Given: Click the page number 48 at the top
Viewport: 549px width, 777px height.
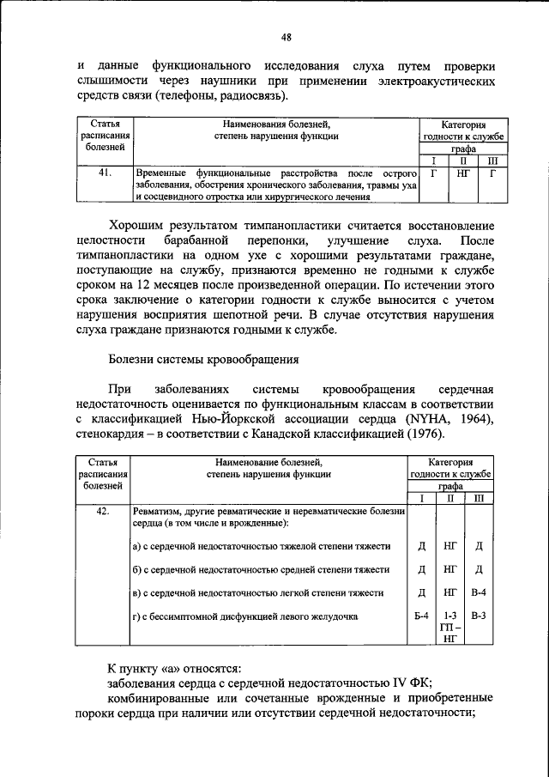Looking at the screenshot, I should [x=287, y=37].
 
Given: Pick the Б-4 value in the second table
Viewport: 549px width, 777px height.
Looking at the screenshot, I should [x=421, y=616].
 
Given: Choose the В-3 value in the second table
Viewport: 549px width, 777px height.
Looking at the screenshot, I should [x=479, y=616].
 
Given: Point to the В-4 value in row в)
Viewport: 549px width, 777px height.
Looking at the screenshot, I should [x=479, y=592].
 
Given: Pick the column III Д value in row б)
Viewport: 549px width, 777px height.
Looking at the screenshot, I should [x=479, y=568].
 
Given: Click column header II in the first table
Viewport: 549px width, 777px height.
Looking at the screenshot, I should [x=462, y=161].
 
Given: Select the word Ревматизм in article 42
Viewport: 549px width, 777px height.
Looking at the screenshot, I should [x=160, y=513].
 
